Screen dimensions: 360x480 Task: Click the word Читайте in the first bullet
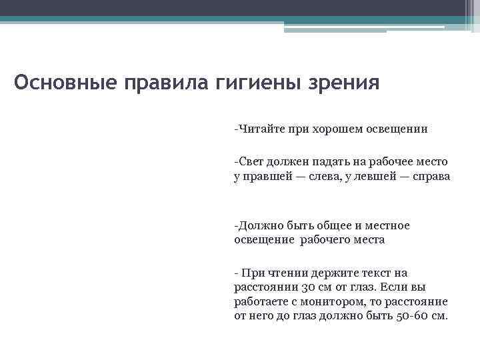pos(261,129)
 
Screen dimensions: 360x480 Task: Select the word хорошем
pos(335,129)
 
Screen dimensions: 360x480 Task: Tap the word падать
pos(324,162)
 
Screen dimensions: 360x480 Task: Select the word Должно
pos(258,225)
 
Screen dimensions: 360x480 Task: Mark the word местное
pos(385,225)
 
